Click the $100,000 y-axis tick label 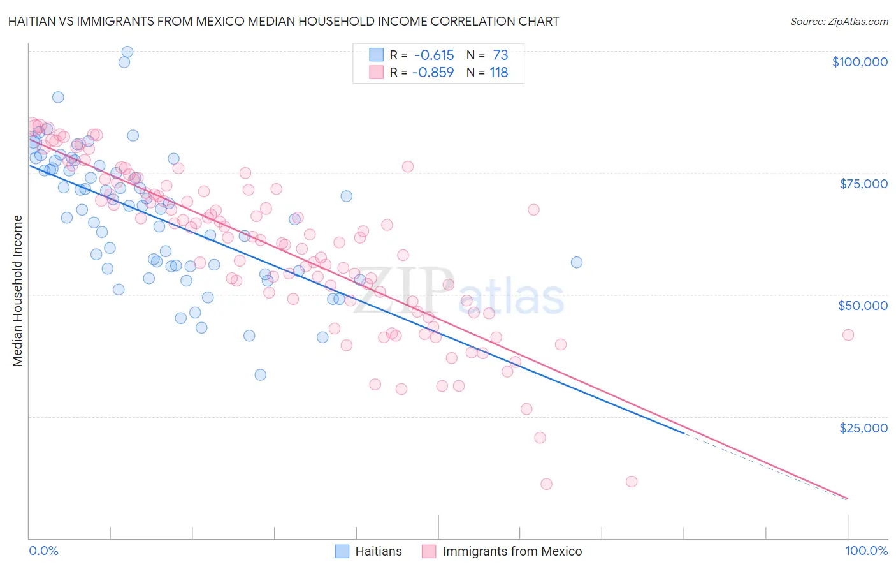point(859,62)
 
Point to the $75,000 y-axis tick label point(863,184)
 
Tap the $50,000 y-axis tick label point(862,306)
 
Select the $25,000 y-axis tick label point(863,428)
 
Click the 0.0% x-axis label point(43,551)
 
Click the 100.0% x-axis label point(866,551)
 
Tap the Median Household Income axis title point(18,291)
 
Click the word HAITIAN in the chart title point(32,21)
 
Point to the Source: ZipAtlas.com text point(839,21)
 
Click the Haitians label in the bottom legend point(378,551)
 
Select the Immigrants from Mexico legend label point(512,551)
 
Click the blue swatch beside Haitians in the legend point(342,551)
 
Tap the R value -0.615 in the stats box point(433,55)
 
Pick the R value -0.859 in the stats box point(433,72)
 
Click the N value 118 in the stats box point(498,72)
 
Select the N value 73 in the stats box point(500,55)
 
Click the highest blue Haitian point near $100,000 point(127,52)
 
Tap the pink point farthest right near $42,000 point(848,335)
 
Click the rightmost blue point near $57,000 point(577,262)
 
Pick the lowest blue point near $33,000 point(260,374)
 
